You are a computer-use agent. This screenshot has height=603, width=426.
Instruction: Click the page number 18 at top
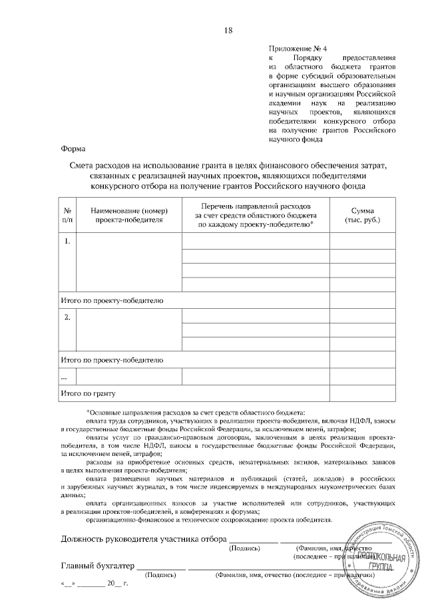pos(229,31)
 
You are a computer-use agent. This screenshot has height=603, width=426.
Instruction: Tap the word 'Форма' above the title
pos(72,149)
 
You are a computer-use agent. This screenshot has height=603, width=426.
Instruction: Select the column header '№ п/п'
pos(68,214)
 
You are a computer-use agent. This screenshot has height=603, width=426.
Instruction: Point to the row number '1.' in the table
pos(67,240)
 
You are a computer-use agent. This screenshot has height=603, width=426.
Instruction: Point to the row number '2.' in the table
pos(67,316)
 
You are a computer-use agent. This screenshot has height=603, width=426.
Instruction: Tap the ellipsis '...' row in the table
pos(63,377)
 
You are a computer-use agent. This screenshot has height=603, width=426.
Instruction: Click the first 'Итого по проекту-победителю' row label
pos(111,301)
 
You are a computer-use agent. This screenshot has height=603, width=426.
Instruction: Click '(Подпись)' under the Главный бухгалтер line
pos(164,574)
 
